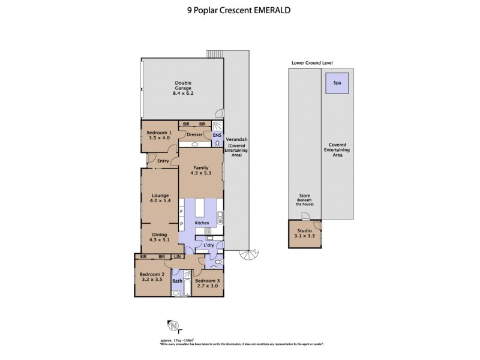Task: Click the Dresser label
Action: pyautogui.click(x=194, y=135)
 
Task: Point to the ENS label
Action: pyautogui.click(x=217, y=136)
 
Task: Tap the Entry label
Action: pyautogui.click(x=163, y=161)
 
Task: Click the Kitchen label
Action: pyautogui.click(x=202, y=223)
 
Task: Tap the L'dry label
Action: pyautogui.click(x=209, y=245)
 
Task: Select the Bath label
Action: pyautogui.click(x=178, y=281)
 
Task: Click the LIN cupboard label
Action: pyautogui.click(x=177, y=257)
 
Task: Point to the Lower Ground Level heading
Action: pyautogui.click(x=312, y=62)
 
